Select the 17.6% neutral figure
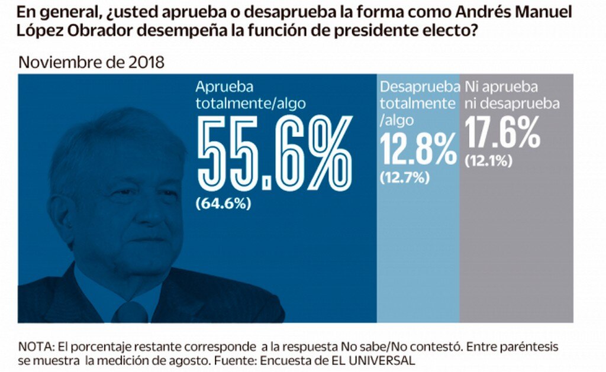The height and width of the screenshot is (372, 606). click(x=502, y=132)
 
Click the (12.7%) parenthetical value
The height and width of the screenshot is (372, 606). click(x=405, y=177)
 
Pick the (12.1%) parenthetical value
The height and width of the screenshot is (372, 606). click(x=489, y=160)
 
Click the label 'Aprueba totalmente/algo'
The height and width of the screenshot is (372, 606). click(x=251, y=95)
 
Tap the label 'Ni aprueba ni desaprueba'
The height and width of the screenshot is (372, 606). click(x=512, y=95)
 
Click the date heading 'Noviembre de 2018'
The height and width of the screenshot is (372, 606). click(x=92, y=63)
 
